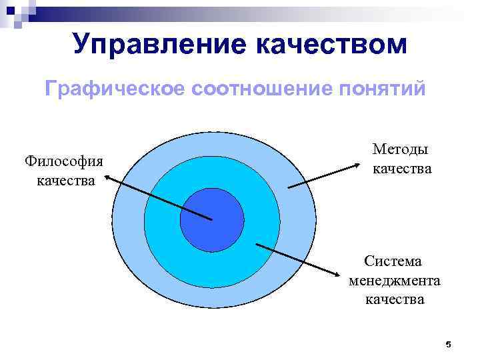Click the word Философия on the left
[x=64, y=162]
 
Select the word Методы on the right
[x=401, y=150]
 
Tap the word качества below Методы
[x=402, y=169]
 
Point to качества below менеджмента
[x=394, y=299]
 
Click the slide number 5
[x=448, y=344]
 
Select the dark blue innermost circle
[x=212, y=220]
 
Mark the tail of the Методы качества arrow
[x=289, y=187]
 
